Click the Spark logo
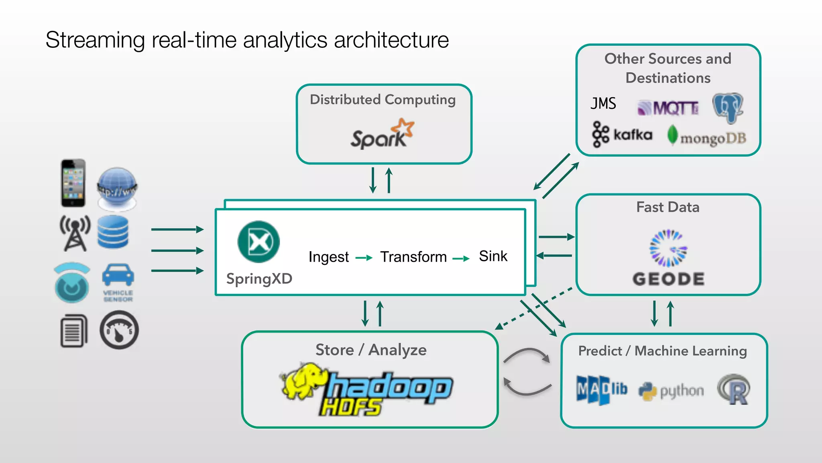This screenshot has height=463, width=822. point(381,135)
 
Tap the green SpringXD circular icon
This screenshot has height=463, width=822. point(258,242)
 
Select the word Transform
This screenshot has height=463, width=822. point(413,257)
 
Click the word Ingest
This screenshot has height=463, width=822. point(328,257)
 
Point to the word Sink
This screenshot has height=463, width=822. point(493,256)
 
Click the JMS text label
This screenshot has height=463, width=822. point(603,104)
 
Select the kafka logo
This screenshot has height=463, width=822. point(622,135)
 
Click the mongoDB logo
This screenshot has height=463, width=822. point(706,137)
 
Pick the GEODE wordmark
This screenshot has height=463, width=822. point(668,279)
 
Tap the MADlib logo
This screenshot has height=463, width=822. point(601,389)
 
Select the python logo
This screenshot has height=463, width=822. point(671,391)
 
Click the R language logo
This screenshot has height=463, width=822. point(734,389)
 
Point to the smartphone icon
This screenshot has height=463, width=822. point(73,183)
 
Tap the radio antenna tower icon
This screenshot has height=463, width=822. point(75,233)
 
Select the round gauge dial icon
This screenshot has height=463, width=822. point(119,330)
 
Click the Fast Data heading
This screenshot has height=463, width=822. point(667,207)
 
